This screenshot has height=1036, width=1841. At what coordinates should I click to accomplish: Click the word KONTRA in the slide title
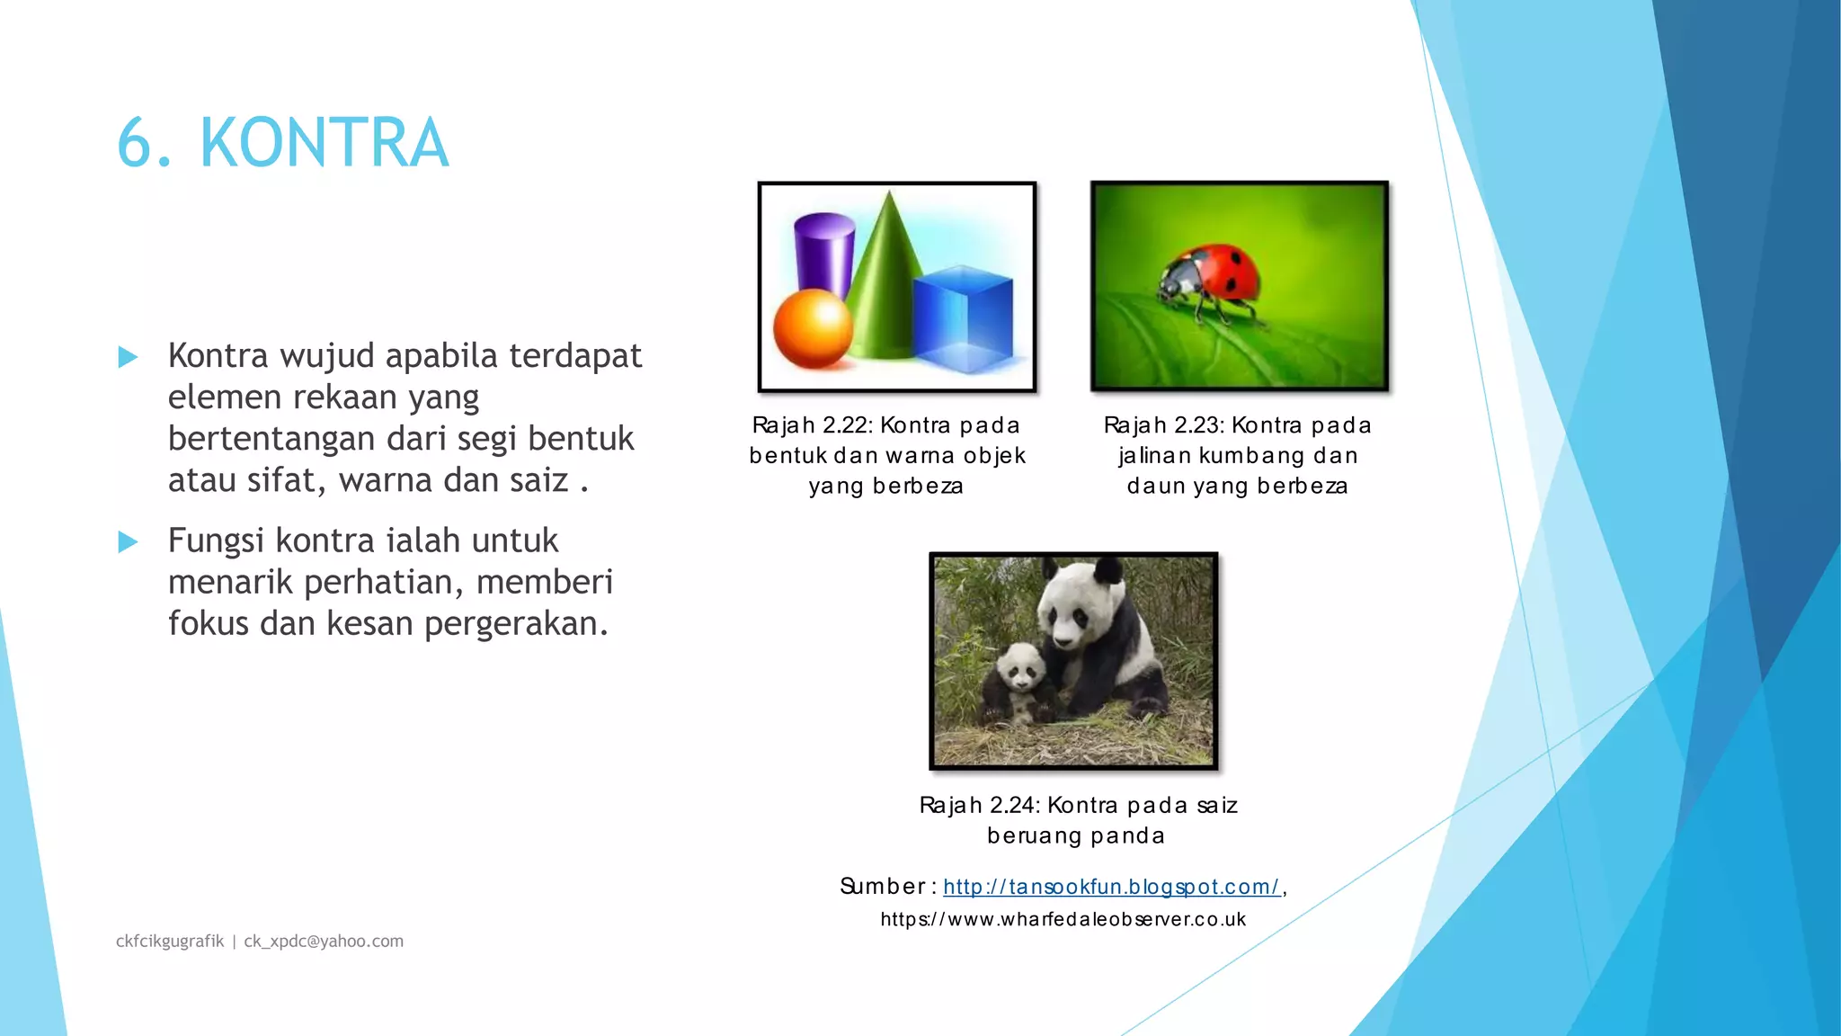pos(324,144)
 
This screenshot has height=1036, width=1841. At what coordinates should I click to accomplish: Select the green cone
pos(885,288)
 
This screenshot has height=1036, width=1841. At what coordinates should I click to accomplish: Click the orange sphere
pos(812,328)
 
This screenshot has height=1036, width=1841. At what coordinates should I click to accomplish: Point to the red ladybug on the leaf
pos(1209,279)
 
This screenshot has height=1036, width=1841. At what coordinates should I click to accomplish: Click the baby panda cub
pos(1020,683)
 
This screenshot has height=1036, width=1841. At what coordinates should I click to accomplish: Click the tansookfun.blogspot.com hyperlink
pos(1111,887)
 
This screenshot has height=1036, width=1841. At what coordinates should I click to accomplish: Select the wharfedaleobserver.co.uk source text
pos(1063,919)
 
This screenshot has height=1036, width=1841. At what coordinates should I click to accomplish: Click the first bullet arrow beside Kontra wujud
pos(129,357)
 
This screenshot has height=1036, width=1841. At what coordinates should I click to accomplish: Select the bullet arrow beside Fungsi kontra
pos(129,541)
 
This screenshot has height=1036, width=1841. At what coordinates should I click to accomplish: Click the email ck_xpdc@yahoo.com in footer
pos(324,941)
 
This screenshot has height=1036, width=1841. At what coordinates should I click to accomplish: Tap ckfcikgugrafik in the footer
pos(170,941)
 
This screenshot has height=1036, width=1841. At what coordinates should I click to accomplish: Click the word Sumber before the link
pos(882,887)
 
